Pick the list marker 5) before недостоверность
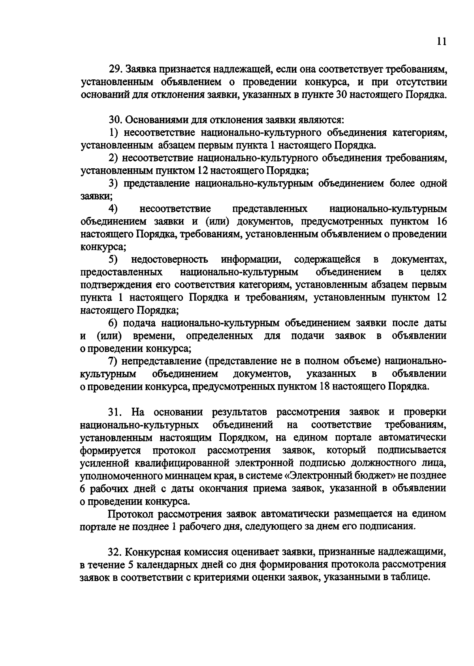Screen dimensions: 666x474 pyautogui.click(x=114, y=260)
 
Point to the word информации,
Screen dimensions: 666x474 pyautogui.click(x=251, y=260)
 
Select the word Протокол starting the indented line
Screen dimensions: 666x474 pyautogui.click(x=131, y=514)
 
